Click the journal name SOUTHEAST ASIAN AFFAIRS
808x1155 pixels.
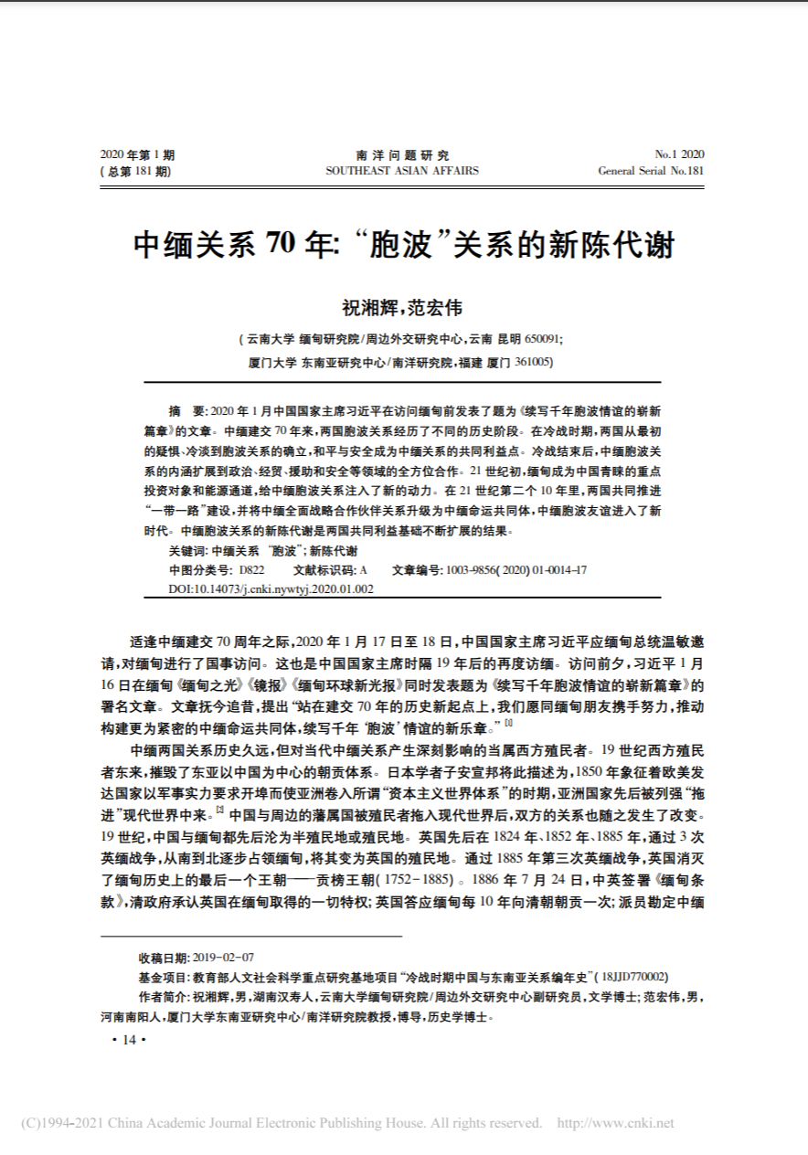click(x=402, y=171)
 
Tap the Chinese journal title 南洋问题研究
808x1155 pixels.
click(x=402, y=155)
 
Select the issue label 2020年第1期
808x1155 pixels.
click(x=137, y=155)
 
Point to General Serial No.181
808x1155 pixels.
click(x=651, y=171)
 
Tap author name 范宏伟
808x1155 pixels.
click(x=437, y=309)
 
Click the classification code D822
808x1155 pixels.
click(x=251, y=570)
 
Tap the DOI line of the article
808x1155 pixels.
click(x=271, y=589)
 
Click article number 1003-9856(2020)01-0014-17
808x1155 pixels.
click(x=516, y=570)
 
